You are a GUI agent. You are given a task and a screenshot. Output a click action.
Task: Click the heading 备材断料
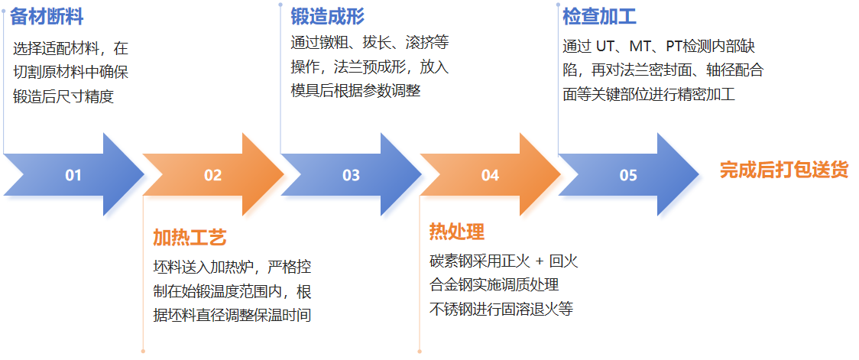click(x=47, y=17)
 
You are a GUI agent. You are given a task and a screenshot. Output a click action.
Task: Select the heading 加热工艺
click(x=190, y=238)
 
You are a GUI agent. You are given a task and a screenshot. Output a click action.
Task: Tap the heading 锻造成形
click(x=327, y=16)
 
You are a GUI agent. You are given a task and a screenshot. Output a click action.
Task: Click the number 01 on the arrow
click(x=73, y=176)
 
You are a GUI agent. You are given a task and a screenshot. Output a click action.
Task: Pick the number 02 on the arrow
click(x=212, y=176)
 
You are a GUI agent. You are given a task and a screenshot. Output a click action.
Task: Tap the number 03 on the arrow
click(x=351, y=176)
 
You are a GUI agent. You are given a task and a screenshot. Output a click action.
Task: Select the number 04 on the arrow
click(x=490, y=176)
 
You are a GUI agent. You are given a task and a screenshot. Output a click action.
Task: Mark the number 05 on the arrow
click(x=628, y=176)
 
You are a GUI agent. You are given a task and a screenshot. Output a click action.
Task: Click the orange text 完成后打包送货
click(x=783, y=170)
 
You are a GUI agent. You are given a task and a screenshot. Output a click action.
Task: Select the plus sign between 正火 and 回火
click(x=538, y=261)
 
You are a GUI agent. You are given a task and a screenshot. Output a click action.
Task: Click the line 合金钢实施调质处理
click(x=494, y=285)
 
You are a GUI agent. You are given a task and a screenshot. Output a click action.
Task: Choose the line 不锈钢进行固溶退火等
click(x=501, y=310)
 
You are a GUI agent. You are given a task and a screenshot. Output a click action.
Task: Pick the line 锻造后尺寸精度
click(x=63, y=97)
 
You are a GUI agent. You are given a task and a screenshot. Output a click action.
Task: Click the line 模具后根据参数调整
click(x=356, y=90)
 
